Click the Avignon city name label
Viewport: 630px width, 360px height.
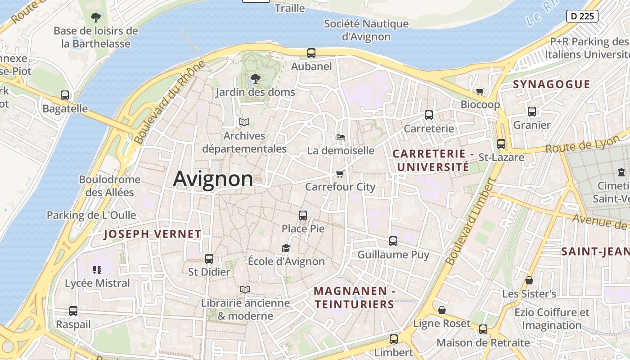(213, 179)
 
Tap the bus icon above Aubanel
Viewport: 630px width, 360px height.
(311, 53)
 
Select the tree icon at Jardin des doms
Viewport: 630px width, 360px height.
(255, 79)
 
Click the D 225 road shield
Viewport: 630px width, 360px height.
(582, 16)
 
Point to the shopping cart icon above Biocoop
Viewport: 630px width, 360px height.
(480, 91)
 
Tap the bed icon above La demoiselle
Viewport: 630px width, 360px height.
(341, 137)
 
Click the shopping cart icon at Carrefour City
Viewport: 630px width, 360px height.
(340, 174)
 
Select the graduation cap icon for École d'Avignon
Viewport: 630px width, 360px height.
(286, 248)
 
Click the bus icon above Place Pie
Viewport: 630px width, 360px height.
(303, 215)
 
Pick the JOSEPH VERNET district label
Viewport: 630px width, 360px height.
(152, 234)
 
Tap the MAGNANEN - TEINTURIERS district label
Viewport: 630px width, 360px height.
(355, 297)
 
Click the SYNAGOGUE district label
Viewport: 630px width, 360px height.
(551, 84)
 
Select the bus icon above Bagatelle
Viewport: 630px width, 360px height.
(65, 95)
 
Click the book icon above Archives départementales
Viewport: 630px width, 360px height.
(244, 122)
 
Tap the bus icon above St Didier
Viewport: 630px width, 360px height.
(209, 259)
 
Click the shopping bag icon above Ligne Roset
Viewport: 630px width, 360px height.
(442, 310)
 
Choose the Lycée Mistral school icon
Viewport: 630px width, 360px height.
(97, 270)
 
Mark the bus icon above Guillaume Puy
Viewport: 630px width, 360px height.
(393, 241)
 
